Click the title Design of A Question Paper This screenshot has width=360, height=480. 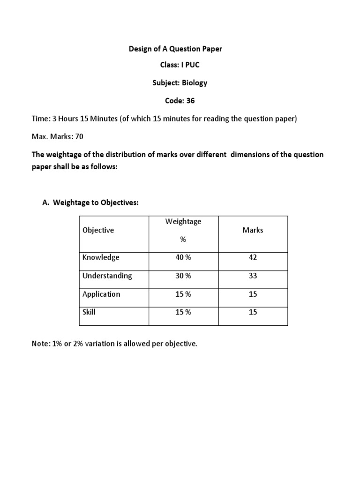[x=176, y=49]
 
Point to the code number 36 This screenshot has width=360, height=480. [x=190, y=100]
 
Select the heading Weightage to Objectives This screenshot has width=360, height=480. [x=96, y=202]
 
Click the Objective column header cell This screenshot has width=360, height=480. [x=98, y=230]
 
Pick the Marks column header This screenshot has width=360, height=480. [x=253, y=230]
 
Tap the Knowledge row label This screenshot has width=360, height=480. [x=101, y=257]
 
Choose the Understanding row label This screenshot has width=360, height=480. [x=107, y=276]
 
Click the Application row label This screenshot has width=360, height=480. [x=101, y=294]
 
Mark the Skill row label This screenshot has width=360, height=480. [x=89, y=312]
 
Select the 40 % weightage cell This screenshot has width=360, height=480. [x=183, y=257]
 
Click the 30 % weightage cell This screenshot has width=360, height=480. [x=183, y=276]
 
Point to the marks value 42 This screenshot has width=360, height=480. [x=253, y=257]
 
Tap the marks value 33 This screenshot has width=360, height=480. [x=253, y=276]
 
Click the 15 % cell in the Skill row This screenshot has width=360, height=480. [x=183, y=312]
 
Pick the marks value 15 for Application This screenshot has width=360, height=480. [x=253, y=294]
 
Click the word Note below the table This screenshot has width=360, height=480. [x=40, y=344]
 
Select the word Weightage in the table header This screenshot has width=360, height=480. [x=183, y=221]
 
